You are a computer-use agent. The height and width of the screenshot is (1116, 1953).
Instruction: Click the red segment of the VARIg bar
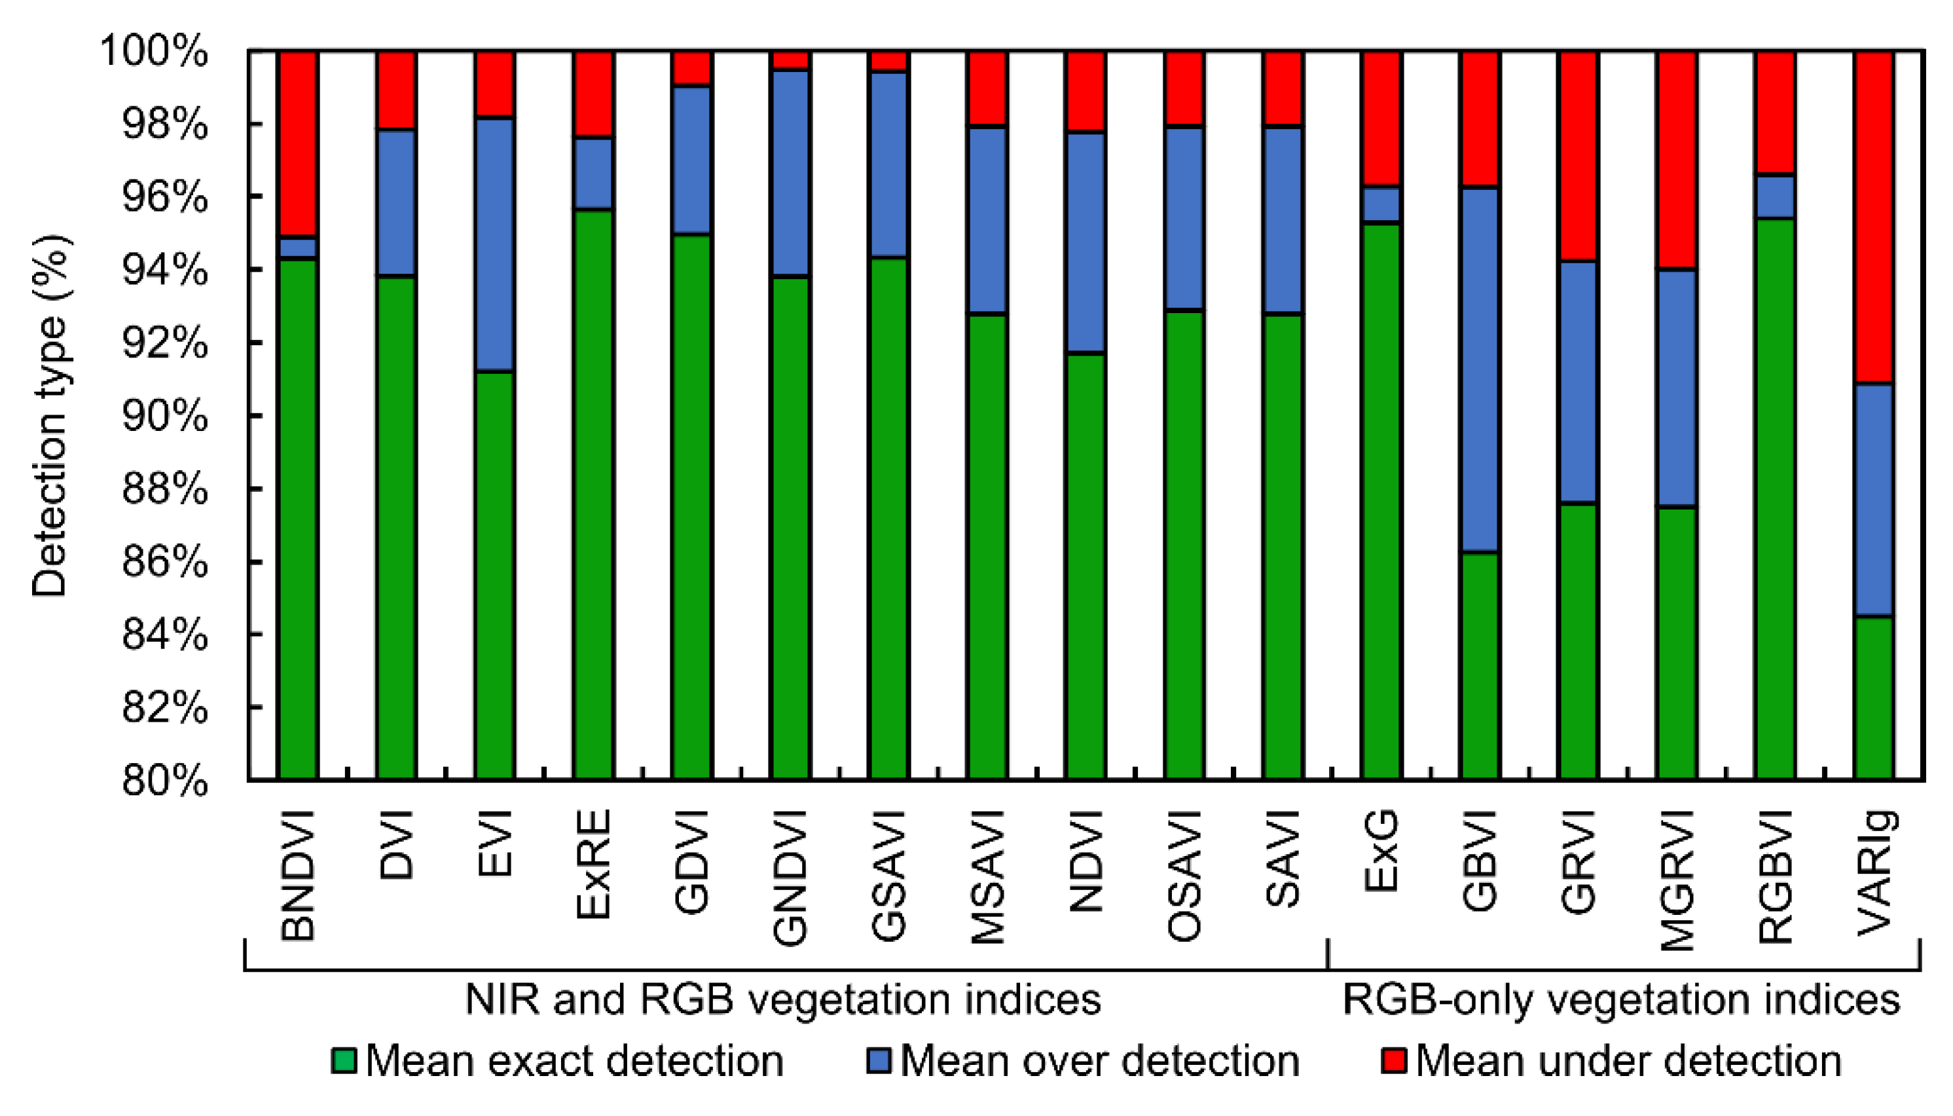1873,217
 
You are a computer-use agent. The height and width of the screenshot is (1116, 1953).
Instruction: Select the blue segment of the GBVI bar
1479,369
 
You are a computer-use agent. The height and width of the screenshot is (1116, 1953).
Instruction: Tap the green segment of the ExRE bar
593,494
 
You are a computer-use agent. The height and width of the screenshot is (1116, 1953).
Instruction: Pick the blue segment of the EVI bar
494,246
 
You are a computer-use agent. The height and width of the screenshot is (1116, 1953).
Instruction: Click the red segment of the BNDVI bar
297,144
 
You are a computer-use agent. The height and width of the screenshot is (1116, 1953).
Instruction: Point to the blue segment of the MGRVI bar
1677,388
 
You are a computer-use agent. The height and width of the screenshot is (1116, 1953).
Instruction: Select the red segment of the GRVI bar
1578,157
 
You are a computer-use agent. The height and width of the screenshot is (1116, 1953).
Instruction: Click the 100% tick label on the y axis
154,52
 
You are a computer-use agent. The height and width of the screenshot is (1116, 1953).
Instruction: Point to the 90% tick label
164,416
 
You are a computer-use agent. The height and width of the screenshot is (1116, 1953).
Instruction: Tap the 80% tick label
164,781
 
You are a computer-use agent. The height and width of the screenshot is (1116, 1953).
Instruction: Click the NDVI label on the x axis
1086,861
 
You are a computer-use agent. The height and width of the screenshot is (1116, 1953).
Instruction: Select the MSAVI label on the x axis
987,877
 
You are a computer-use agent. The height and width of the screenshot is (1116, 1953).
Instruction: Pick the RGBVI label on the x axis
1775,877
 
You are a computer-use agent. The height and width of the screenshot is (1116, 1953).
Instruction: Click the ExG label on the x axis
1381,851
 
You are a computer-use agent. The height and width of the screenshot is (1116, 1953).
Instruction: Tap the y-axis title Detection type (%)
50,416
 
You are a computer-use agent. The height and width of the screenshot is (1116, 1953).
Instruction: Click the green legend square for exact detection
343,1061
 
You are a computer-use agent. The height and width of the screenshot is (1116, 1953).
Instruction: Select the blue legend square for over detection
878,1061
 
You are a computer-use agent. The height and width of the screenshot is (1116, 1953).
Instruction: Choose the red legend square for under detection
1394,1061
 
